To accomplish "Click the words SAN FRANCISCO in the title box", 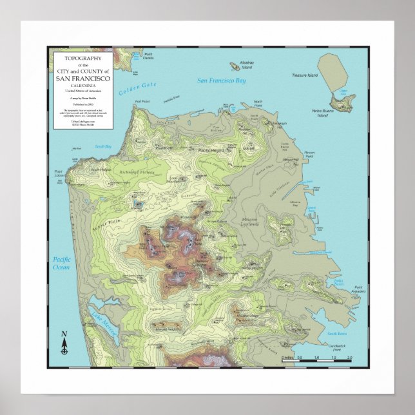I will click(x=82, y=79).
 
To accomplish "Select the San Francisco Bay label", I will click(x=222, y=81).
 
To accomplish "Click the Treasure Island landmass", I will click(x=333, y=71).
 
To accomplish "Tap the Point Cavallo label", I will click(x=149, y=57).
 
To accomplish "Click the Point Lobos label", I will click(x=59, y=173).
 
